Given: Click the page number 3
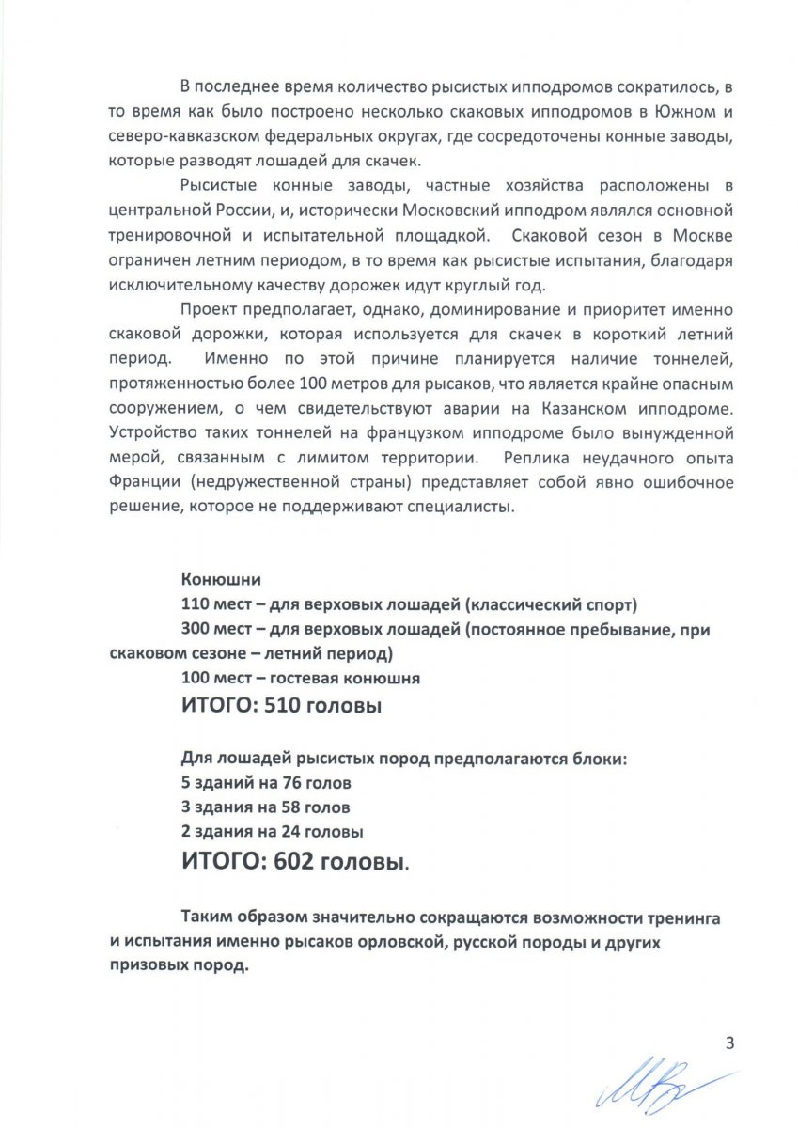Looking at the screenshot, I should click(x=728, y=1042).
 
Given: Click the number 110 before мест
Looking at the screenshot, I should click(x=196, y=604).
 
